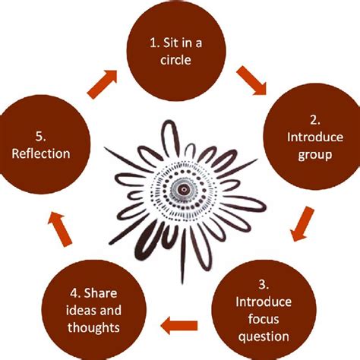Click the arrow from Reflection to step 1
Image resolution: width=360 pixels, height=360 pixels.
tap(105, 83)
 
